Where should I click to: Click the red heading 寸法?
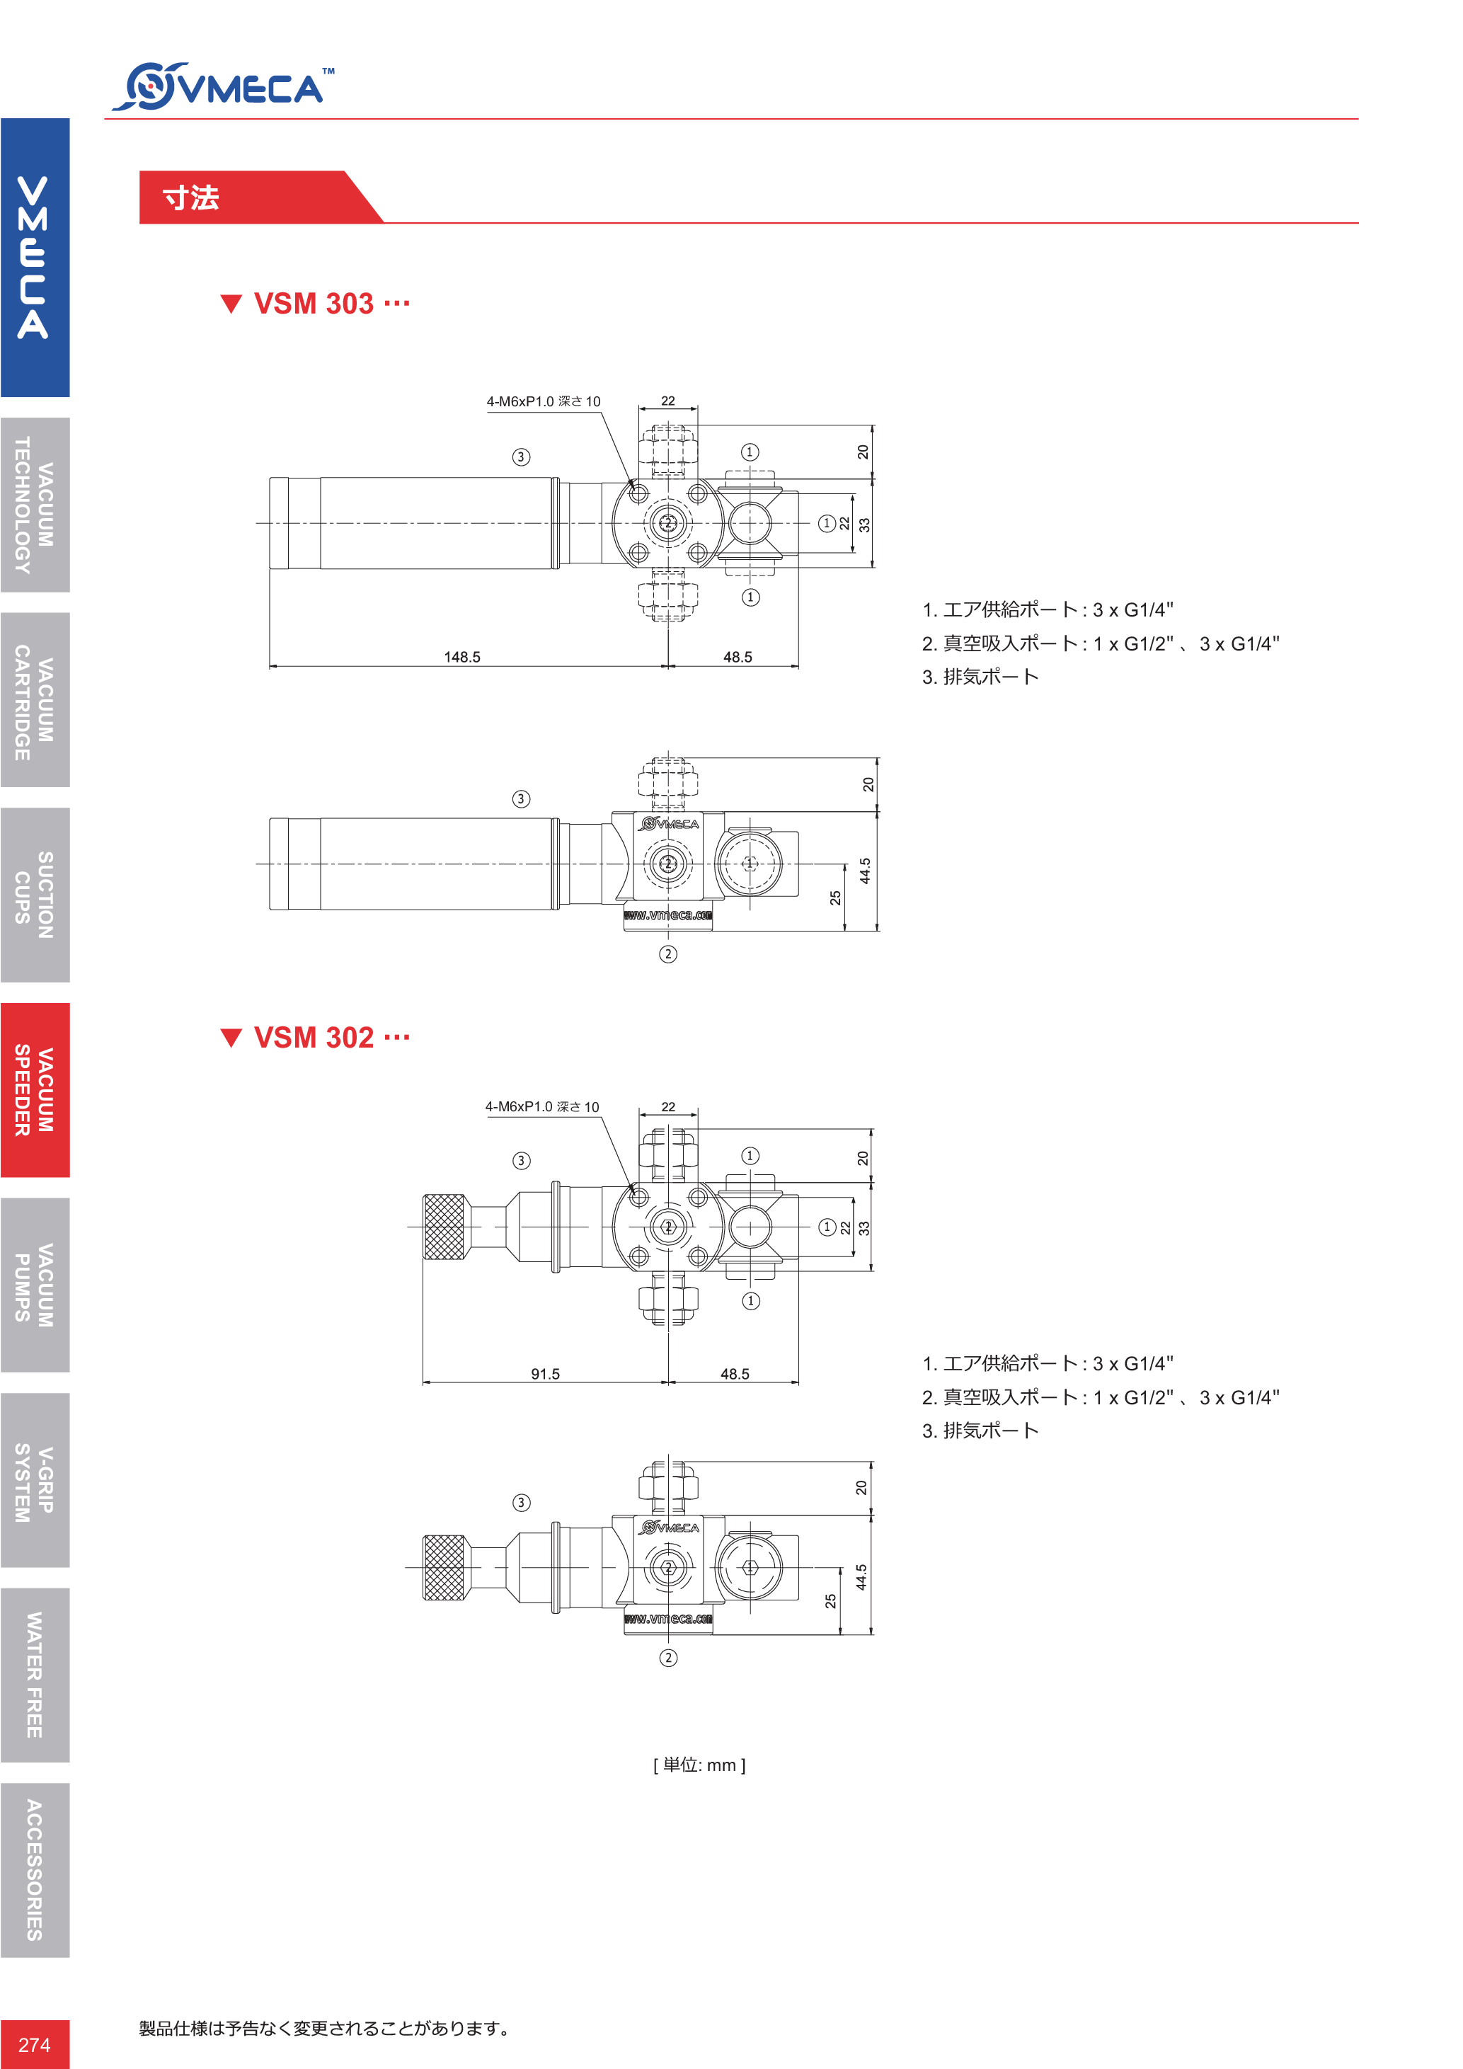191,198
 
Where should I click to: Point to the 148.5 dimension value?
462,657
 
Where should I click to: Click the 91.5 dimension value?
545,1373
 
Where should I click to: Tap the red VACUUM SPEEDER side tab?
35,1089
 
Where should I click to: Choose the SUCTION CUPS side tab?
35,895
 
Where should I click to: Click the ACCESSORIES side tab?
35,1870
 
